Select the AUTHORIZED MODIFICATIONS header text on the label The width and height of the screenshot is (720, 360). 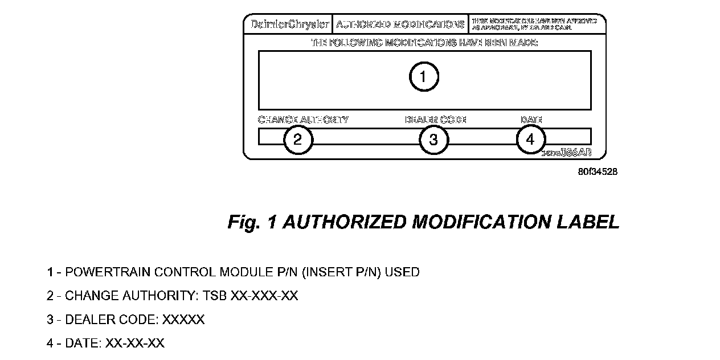tap(400, 25)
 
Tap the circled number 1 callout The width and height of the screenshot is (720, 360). tap(424, 76)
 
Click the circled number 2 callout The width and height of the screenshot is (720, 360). tap(298, 140)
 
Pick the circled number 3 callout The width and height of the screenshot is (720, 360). tap(434, 140)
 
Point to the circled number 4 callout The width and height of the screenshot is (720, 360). tap(531, 140)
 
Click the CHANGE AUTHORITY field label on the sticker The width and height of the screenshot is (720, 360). tap(303, 120)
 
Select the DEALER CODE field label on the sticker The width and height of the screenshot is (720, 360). tap(435, 120)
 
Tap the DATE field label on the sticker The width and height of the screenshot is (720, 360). tap(531, 120)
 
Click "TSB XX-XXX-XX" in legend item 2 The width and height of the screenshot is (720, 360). tap(264, 296)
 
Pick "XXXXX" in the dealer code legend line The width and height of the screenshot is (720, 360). tap(183, 320)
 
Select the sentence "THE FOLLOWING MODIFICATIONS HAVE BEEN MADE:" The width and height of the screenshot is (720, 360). tap(424, 43)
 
